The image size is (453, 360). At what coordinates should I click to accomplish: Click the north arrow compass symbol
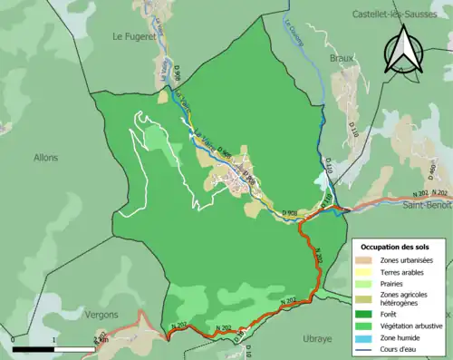pyautogui.click(x=405, y=50)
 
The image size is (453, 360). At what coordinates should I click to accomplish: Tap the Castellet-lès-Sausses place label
pyautogui.click(x=396, y=15)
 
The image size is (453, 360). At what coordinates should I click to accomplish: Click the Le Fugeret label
pyautogui.click(x=132, y=36)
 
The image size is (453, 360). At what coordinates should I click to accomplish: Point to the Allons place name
pyautogui.click(x=45, y=157)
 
